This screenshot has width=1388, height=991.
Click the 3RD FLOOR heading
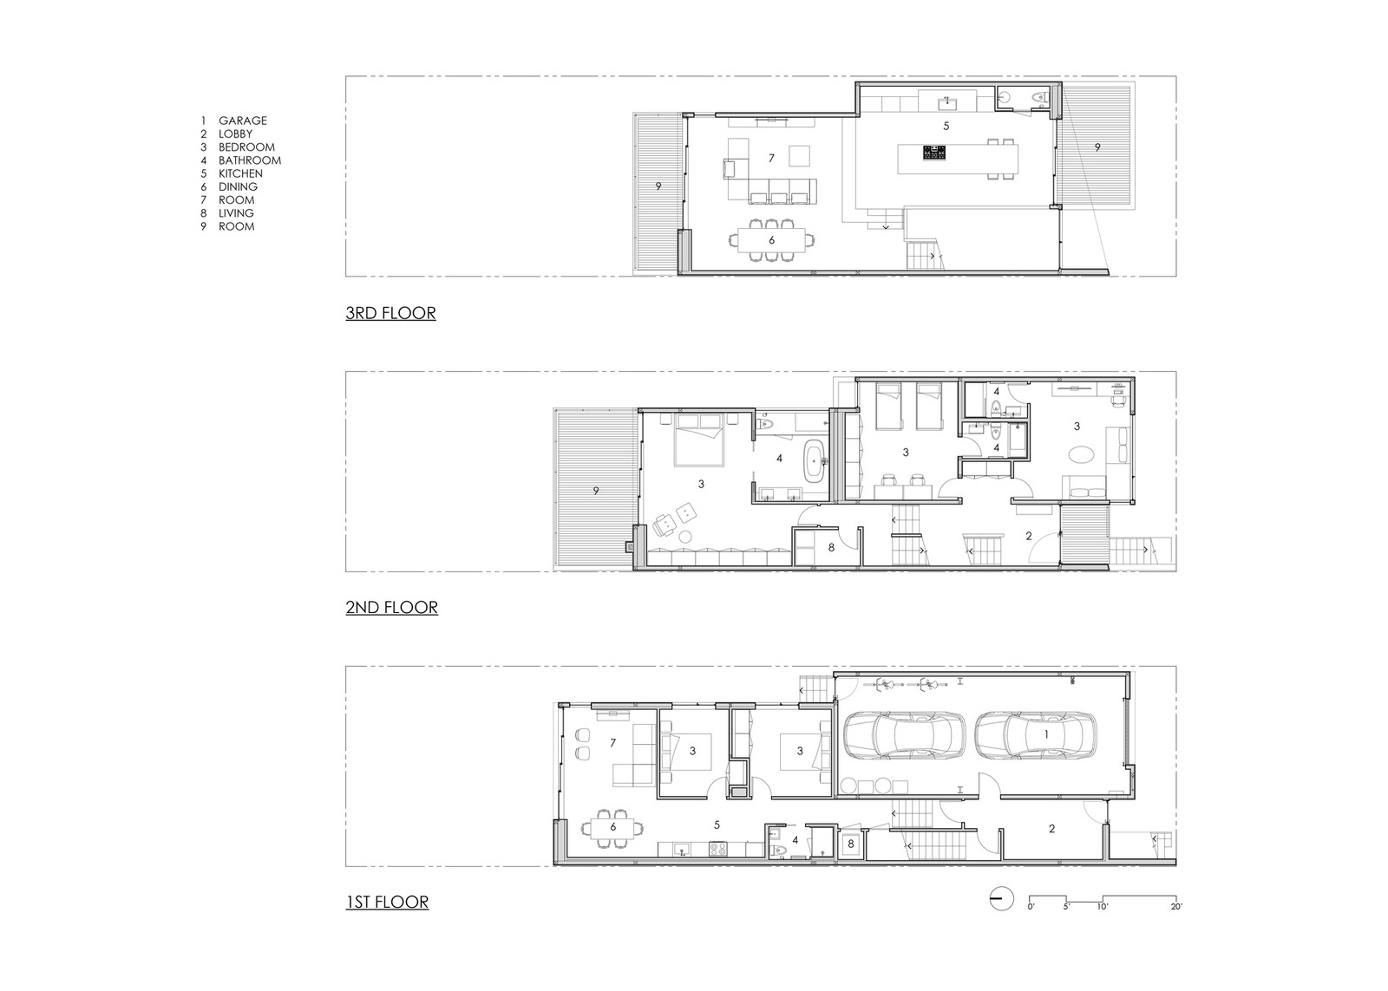(390, 313)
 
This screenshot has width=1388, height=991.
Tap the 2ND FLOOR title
(391, 607)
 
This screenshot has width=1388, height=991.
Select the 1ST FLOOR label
(387, 901)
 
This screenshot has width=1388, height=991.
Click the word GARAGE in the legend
(242, 121)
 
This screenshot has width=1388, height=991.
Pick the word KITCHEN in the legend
(240, 173)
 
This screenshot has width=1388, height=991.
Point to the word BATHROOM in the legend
(250, 160)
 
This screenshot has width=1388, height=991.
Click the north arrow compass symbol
(1001, 898)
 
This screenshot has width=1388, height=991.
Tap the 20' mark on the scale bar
(1176, 907)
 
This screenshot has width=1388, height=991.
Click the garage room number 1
(1046, 734)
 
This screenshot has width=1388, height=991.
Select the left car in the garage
(903, 735)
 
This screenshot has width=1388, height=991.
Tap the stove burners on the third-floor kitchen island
(932, 153)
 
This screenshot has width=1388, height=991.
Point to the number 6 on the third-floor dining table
(771, 239)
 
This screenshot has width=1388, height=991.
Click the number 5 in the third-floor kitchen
(946, 126)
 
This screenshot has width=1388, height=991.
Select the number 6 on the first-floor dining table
(612, 827)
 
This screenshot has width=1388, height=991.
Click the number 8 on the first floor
(851, 844)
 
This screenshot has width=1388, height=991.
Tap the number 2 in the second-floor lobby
(1029, 536)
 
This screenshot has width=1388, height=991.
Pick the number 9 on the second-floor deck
(596, 491)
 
